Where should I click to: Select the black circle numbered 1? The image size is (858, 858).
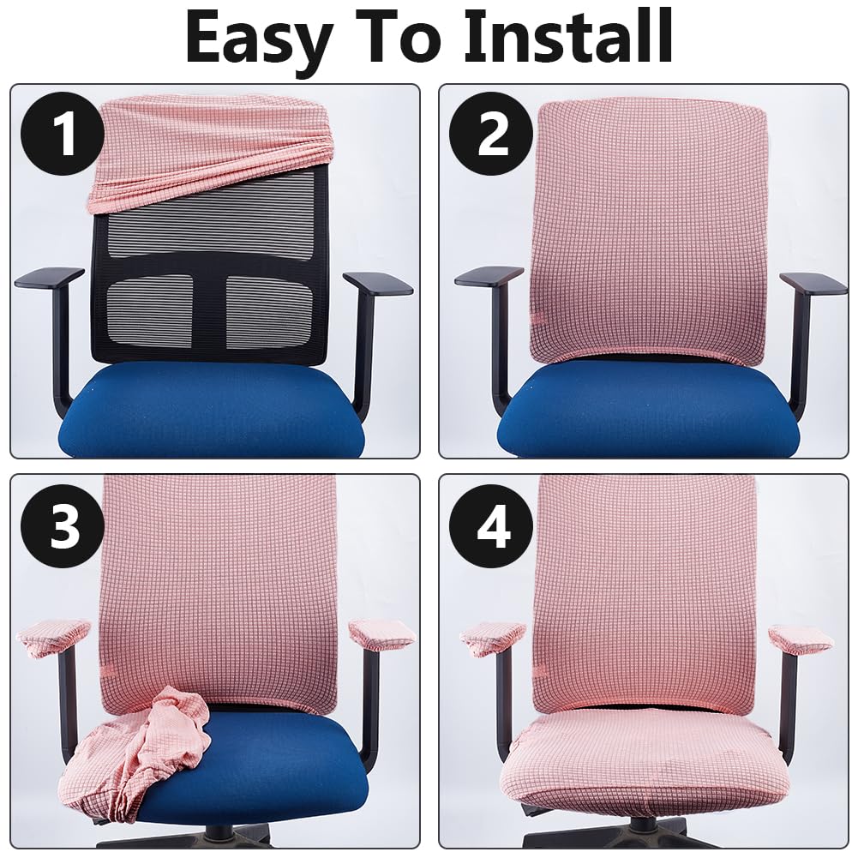pyautogui.click(x=63, y=134)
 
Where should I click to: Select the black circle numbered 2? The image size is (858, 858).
pyautogui.click(x=491, y=134)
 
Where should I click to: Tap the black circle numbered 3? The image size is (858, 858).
pyautogui.click(x=63, y=526)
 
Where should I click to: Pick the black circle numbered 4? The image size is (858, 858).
pyautogui.click(x=491, y=526)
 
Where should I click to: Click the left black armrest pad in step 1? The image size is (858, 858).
pyautogui.click(x=49, y=278)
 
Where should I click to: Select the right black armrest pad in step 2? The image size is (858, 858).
pyautogui.click(x=813, y=284)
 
